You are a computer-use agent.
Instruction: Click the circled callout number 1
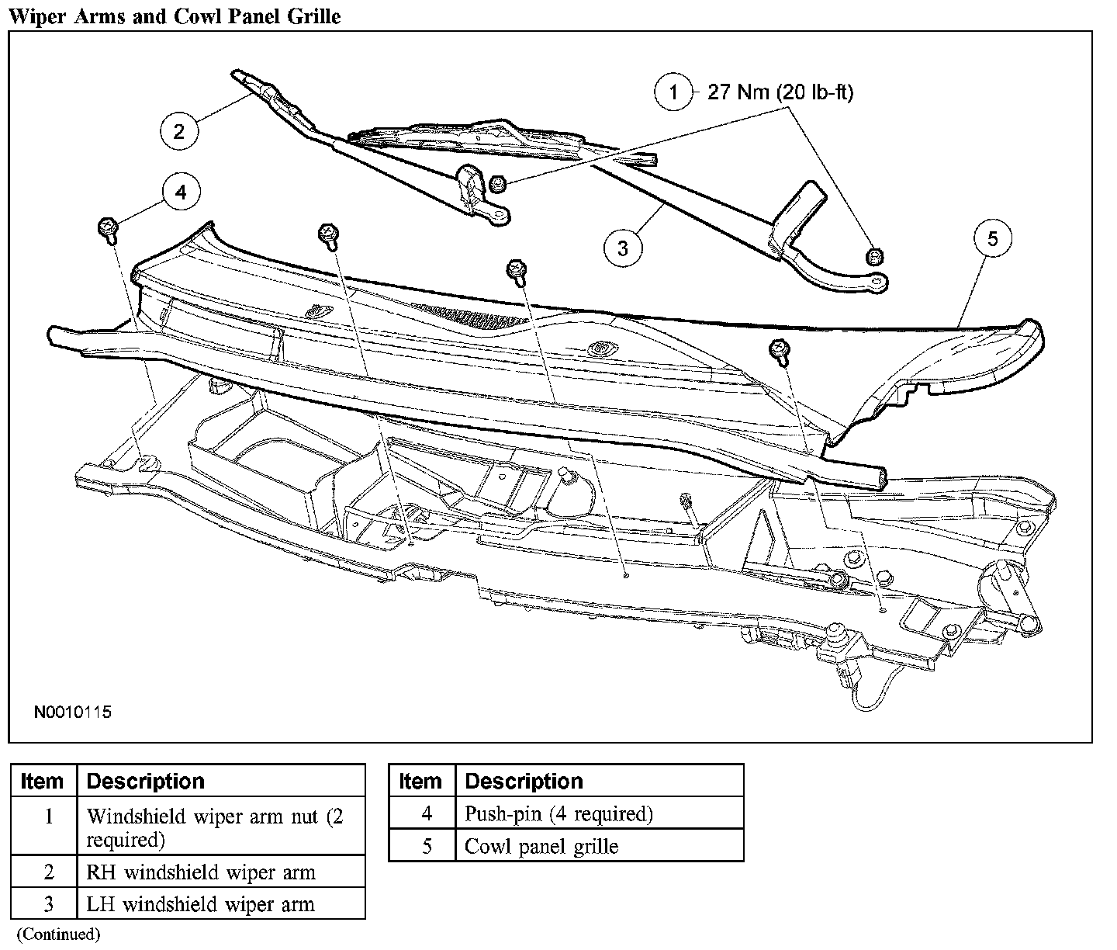click(673, 93)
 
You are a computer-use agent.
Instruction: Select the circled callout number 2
click(179, 130)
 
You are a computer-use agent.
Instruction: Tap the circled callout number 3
click(623, 248)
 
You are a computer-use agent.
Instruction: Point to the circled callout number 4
click(181, 192)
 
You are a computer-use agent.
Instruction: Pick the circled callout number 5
click(994, 238)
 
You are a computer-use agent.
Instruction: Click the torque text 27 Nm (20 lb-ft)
click(780, 93)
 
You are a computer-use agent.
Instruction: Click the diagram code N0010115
click(72, 712)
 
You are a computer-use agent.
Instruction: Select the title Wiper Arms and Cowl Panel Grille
click(175, 16)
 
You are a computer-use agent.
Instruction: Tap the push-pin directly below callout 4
click(107, 227)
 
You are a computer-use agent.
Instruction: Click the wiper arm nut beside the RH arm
click(498, 184)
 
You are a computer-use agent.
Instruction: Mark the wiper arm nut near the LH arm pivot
click(874, 255)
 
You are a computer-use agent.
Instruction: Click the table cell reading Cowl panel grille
click(541, 846)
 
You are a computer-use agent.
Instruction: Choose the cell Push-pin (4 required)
click(558, 813)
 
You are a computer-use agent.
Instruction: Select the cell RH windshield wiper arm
click(201, 872)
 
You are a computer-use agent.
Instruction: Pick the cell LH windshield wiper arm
click(201, 904)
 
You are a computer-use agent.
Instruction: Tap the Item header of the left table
click(43, 781)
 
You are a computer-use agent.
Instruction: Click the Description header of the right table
click(524, 781)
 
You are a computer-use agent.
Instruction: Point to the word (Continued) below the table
click(58, 934)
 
